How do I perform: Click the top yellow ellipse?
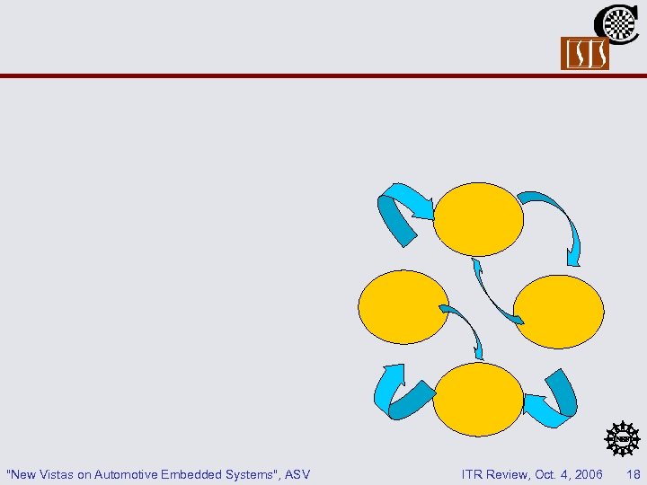(478, 219)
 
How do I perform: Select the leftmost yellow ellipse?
(403, 307)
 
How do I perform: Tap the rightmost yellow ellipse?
(560, 311)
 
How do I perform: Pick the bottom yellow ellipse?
(477, 400)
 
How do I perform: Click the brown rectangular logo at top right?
(585, 54)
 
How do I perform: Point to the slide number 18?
(634, 473)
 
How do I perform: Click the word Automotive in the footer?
(127, 473)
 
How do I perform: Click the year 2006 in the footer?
(588, 473)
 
